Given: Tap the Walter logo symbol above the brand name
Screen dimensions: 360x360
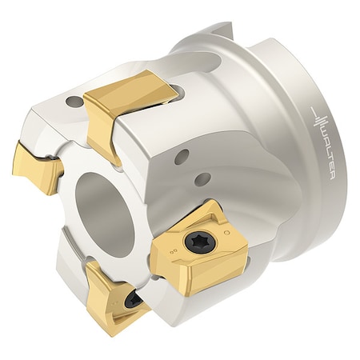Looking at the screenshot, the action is [320, 121].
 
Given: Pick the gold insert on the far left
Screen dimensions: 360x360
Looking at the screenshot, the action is [38, 166].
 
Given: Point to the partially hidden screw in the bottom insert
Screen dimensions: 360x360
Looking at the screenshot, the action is [134, 299].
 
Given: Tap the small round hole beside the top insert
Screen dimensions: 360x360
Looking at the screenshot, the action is [74, 102].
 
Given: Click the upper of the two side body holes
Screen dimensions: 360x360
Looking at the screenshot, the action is [182, 157].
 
